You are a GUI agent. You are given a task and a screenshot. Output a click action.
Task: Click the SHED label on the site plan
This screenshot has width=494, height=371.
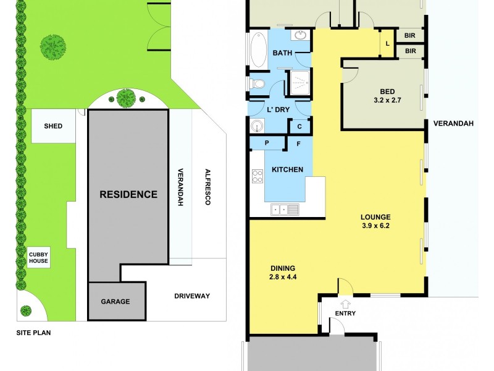click(x=53, y=126)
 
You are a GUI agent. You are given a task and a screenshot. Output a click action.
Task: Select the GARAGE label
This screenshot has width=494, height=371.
click(x=115, y=302)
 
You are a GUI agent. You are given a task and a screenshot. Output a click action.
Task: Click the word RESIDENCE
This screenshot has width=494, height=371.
click(x=128, y=194)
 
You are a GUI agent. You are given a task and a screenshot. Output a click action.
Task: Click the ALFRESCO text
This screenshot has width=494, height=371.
click(x=209, y=187)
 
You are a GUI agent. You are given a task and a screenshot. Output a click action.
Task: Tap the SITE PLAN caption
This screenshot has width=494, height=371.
click(x=33, y=333)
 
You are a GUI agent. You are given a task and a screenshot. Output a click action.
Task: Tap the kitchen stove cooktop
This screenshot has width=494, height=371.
click(x=257, y=176)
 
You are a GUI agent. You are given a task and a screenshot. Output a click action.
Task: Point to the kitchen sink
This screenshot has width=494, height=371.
click(x=281, y=210)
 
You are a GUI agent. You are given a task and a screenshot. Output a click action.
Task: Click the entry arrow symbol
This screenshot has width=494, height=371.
click(x=345, y=304)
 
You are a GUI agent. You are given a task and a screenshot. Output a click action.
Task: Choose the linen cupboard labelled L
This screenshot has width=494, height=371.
click(x=387, y=43)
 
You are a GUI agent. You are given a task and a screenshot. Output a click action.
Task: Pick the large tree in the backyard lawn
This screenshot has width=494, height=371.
click(x=54, y=45)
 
